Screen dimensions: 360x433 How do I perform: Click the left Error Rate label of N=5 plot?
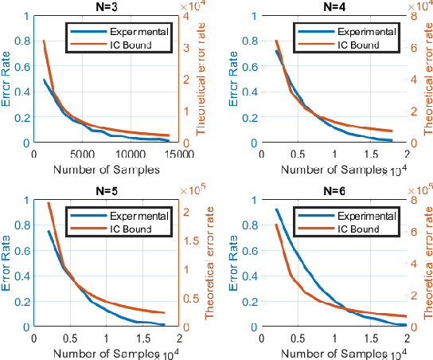(7, 263)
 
